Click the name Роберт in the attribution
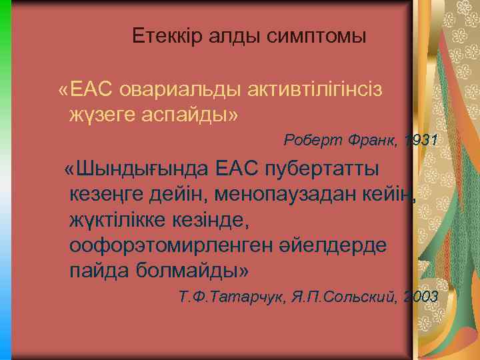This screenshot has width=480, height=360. [312, 141]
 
